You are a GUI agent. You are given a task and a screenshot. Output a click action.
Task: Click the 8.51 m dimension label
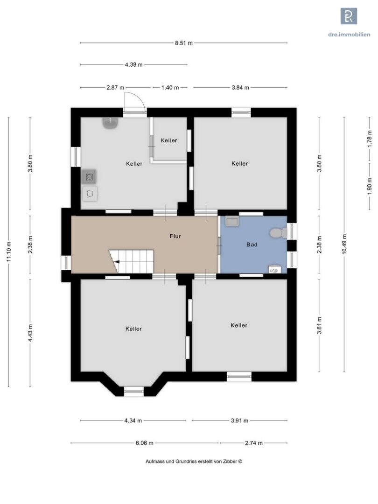[183, 43]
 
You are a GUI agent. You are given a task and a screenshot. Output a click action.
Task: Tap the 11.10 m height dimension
[9, 252]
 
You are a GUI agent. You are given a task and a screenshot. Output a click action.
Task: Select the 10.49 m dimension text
[344, 244]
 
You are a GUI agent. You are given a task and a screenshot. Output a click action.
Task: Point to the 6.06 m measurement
[144, 443]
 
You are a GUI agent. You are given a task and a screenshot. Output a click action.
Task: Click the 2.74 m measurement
[253, 443]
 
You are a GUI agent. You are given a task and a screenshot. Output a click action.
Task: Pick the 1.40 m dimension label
[170, 87]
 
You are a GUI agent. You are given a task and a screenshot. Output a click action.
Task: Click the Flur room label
[175, 236]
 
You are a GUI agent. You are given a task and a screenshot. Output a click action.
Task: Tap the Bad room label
[252, 245]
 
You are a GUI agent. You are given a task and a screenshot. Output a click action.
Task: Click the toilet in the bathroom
[278, 233]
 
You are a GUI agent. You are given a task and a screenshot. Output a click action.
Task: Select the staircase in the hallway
[132, 261]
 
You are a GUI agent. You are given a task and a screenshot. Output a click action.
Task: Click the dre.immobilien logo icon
[349, 16]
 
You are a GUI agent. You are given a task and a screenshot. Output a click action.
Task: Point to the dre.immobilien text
[349, 35]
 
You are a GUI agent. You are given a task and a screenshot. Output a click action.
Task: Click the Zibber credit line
[194, 461]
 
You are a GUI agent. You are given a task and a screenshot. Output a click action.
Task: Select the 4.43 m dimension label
[30, 333]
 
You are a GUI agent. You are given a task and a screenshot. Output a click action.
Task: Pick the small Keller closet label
[169, 140]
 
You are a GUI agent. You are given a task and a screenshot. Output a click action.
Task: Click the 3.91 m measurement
[239, 420]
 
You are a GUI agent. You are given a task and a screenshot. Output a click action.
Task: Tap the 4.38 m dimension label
[134, 64]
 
